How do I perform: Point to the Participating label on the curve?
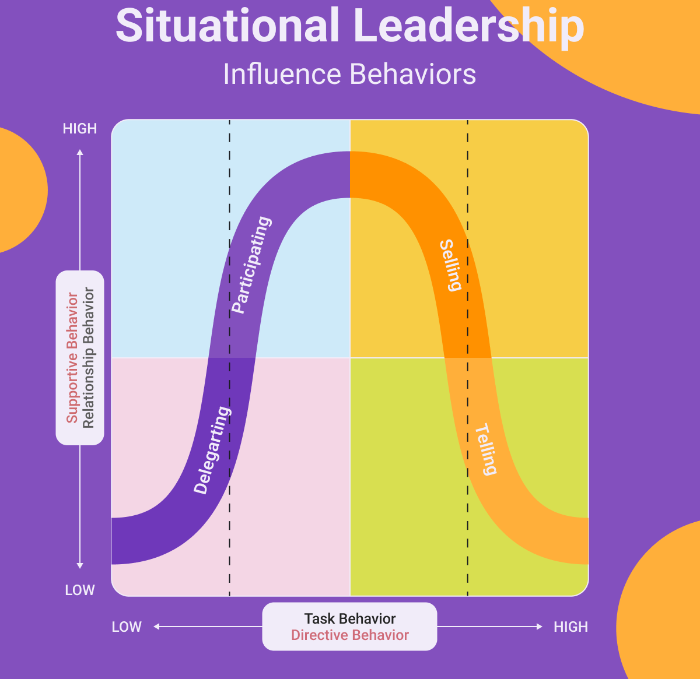click(x=251, y=265)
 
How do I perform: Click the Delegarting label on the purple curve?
click(x=212, y=451)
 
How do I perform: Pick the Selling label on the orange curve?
click(x=451, y=265)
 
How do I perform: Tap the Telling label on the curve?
click(x=485, y=449)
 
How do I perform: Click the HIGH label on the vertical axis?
click(x=80, y=129)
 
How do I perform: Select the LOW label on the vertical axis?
click(x=80, y=590)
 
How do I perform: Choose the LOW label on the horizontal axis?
click(x=127, y=627)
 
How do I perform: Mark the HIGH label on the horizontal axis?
click(x=570, y=627)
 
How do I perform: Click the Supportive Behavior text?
click(x=72, y=358)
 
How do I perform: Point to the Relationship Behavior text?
click(x=88, y=358)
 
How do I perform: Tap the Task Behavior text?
click(x=350, y=619)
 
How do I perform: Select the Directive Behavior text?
click(x=350, y=635)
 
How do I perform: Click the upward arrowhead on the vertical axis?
click(x=80, y=152)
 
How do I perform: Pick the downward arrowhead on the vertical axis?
click(x=80, y=565)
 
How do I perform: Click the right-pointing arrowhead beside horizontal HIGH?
click(x=540, y=627)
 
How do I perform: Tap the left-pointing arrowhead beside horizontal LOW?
click(x=156, y=627)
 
